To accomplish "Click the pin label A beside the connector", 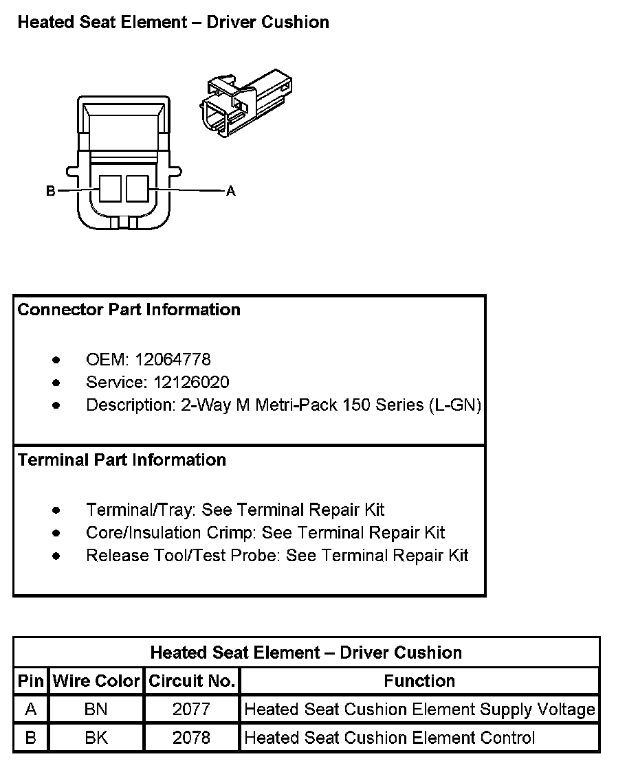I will (231, 191).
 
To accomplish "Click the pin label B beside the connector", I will (50, 191).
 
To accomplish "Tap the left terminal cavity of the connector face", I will (110, 188).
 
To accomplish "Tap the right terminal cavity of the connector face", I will (137, 188).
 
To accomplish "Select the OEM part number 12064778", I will (173, 359).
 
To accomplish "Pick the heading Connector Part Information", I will (129, 310).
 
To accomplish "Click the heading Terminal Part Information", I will (122, 459).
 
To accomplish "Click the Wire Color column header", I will (96, 681).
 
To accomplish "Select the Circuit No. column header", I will (192, 681).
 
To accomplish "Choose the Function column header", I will (419, 681).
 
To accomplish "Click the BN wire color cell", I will (96, 709).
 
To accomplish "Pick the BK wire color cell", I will (96, 738).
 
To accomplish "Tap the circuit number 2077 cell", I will (192, 709).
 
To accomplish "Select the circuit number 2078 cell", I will (192, 738).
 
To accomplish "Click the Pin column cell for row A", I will (30, 709).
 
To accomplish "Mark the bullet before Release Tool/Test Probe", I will (56, 556).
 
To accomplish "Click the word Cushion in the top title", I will (296, 23).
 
